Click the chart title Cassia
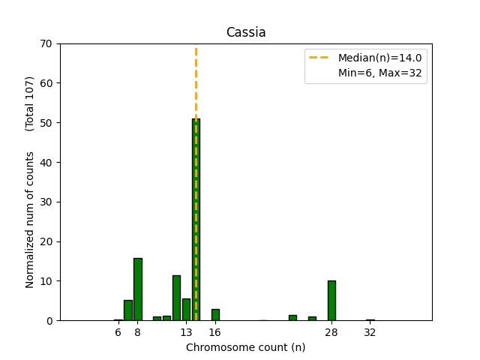pyautogui.click(x=246, y=32)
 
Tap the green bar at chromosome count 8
pyautogui.click(x=138, y=289)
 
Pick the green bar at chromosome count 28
pyautogui.click(x=331, y=301)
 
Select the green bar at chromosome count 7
pyautogui.click(x=128, y=310)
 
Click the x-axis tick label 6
pyautogui.click(x=118, y=332)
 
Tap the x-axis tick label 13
pyautogui.click(x=186, y=332)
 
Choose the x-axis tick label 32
pyautogui.click(x=370, y=332)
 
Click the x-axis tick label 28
pyautogui.click(x=331, y=332)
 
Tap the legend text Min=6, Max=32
pyautogui.click(x=382, y=73)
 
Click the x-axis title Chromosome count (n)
pyautogui.click(x=246, y=347)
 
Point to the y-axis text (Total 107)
pyautogui.click(x=30, y=103)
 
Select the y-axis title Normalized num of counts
pyautogui.click(x=30, y=219)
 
